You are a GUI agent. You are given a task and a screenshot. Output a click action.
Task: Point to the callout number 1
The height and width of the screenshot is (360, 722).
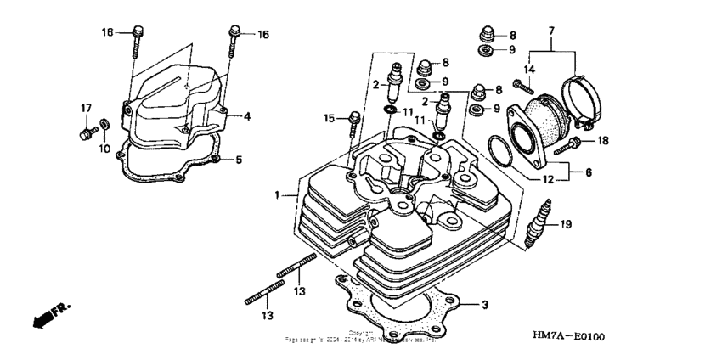pyautogui.click(x=277, y=195)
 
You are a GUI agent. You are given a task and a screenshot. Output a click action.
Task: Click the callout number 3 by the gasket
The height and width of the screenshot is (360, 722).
pyautogui.click(x=484, y=304)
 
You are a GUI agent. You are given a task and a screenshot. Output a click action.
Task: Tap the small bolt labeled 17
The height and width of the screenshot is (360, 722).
pyautogui.click(x=85, y=134)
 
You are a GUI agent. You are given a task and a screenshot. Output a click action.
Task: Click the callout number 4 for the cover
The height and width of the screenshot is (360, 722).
pyautogui.click(x=248, y=115)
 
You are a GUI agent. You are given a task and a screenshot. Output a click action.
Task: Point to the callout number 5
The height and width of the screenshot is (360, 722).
pyautogui.click(x=239, y=159)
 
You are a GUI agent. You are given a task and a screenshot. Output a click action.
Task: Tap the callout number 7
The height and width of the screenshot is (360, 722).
pyautogui.click(x=552, y=31)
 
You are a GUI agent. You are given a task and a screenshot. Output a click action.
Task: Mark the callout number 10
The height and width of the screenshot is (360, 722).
pyautogui.click(x=104, y=149)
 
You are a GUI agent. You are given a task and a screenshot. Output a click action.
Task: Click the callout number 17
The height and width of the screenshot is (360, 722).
pyautogui.click(x=86, y=107)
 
